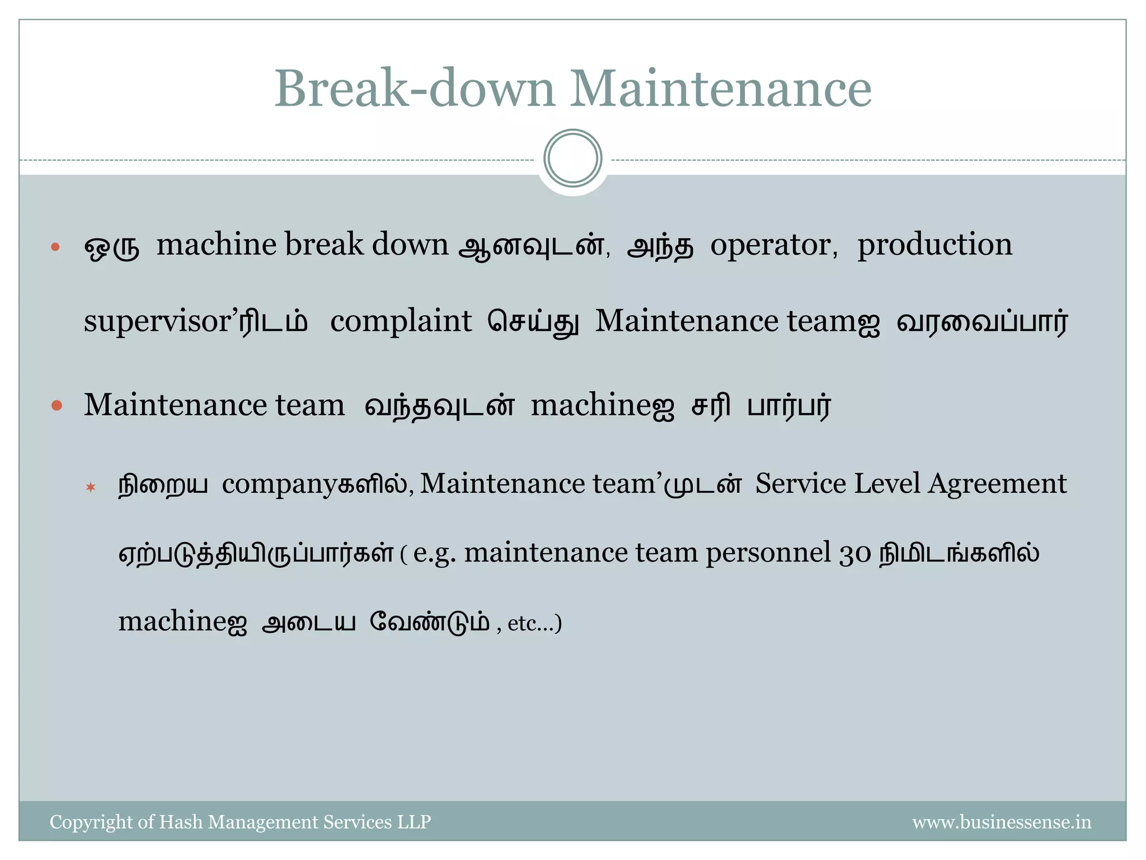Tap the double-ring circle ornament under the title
tap(572, 158)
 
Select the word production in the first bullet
tap(934, 245)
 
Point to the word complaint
tap(401, 321)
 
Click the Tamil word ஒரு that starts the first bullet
tap(111, 246)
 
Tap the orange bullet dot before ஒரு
tap(55, 247)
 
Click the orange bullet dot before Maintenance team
tap(57, 405)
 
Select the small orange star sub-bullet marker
tap(91, 487)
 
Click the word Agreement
tap(997, 484)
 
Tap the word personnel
tap(768, 554)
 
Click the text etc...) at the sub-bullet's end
tap(534, 623)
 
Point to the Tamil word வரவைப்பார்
tap(982, 322)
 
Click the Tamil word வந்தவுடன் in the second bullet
tap(439, 405)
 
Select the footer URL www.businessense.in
tap(1002, 822)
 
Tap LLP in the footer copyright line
tap(414, 822)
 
